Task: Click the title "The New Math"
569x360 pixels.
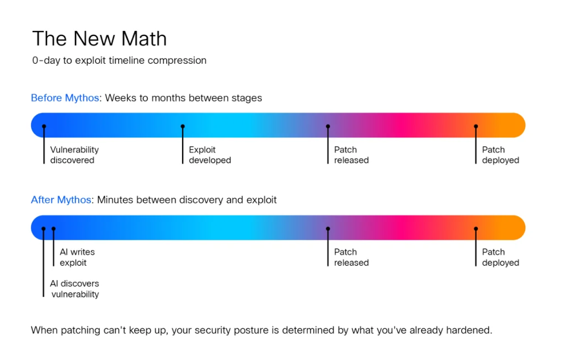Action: pyautogui.click(x=99, y=39)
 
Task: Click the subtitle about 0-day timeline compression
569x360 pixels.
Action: pyautogui.click(x=119, y=60)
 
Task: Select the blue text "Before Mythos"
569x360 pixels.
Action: pyautogui.click(x=65, y=98)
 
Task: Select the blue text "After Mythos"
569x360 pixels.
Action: pyautogui.click(x=61, y=200)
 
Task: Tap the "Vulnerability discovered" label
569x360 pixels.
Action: pyautogui.click(x=74, y=155)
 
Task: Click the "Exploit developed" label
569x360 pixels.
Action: pyautogui.click(x=210, y=155)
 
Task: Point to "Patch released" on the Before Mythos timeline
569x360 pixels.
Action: pyautogui.click(x=351, y=155)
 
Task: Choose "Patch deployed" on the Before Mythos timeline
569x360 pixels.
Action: pyautogui.click(x=501, y=155)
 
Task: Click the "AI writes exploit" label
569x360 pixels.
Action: pyautogui.click(x=77, y=257)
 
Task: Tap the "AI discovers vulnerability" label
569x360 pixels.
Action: pyautogui.click(x=74, y=289)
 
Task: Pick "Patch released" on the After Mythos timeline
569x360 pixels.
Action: pyautogui.click(x=351, y=257)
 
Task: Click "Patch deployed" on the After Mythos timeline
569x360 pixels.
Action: pyautogui.click(x=501, y=257)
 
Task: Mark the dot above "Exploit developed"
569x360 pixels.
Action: pyautogui.click(x=183, y=126)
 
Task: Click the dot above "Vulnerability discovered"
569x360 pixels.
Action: pyautogui.click(x=44, y=126)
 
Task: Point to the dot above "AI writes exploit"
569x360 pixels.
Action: pyautogui.click(x=54, y=228)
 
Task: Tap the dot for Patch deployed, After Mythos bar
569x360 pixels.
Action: pyautogui.click(x=475, y=228)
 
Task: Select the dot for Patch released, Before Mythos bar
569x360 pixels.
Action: pyautogui.click(x=328, y=126)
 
